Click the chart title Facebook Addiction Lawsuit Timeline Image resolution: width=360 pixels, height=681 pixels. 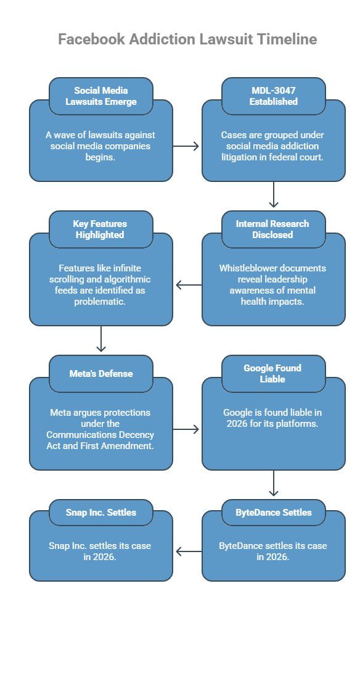point(187,39)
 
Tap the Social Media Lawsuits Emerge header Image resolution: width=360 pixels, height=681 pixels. point(101,96)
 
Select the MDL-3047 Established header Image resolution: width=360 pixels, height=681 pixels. point(273,96)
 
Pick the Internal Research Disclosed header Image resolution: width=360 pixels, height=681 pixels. point(273,229)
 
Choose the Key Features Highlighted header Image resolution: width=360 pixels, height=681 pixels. point(101,229)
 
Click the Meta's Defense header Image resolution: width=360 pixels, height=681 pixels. point(101,373)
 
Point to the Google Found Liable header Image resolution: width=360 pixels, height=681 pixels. point(273,373)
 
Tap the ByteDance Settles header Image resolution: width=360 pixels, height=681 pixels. point(273,512)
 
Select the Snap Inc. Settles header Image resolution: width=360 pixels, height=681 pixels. point(101,512)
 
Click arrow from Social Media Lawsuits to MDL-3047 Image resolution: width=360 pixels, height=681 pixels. point(187,146)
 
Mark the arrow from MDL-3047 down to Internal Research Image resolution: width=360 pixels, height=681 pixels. point(274,196)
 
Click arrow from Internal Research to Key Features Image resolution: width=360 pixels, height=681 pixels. point(188,285)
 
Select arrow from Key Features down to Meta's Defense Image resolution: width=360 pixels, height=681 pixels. point(101,340)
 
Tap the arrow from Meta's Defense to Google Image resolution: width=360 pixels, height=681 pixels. point(187,429)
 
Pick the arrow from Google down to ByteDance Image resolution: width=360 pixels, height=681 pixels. point(274,484)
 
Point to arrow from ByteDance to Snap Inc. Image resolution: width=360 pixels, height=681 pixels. point(188,551)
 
